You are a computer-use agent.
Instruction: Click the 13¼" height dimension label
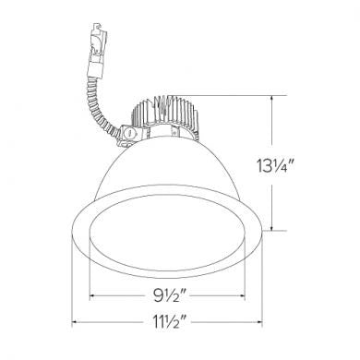(x=273, y=166)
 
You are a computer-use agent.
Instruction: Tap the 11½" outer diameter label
(x=169, y=321)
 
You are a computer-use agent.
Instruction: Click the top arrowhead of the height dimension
(x=271, y=99)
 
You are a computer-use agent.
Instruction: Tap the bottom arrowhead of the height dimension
(x=271, y=227)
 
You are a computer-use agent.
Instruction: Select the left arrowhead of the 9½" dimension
(x=92, y=296)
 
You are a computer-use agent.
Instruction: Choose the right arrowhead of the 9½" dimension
(x=242, y=296)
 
